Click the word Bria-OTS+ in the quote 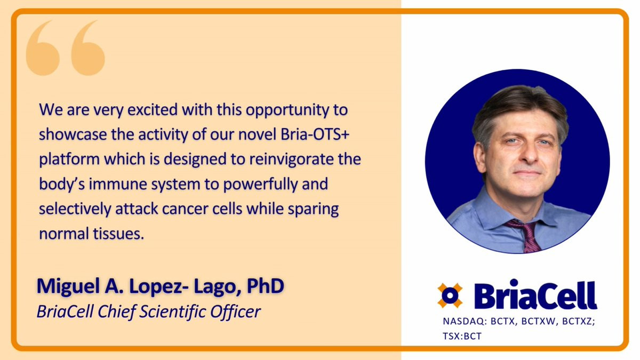pyautogui.click(x=315, y=134)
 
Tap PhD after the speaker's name pyautogui.click(x=266, y=286)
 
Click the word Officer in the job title pyautogui.click(x=235, y=311)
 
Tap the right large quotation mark pyautogui.click(x=87, y=49)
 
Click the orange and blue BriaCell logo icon pyautogui.click(x=450, y=295)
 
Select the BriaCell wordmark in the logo pyautogui.click(x=535, y=294)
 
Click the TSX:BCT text pyautogui.click(x=462, y=337)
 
